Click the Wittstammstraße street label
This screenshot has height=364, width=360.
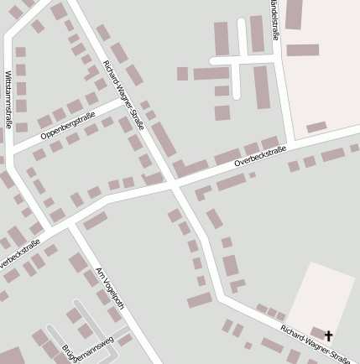click(8, 99)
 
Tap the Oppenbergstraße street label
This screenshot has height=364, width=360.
click(69, 122)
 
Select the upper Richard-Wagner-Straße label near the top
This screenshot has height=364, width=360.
click(123, 94)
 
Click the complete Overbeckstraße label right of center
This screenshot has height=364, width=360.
click(260, 155)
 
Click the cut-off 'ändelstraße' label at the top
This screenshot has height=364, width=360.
click(275, 20)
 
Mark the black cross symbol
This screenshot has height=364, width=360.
click(328, 335)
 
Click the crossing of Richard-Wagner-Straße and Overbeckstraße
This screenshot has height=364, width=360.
click(171, 182)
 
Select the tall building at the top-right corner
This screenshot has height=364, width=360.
click(294, 14)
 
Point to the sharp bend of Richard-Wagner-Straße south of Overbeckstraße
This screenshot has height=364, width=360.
click(221, 295)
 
